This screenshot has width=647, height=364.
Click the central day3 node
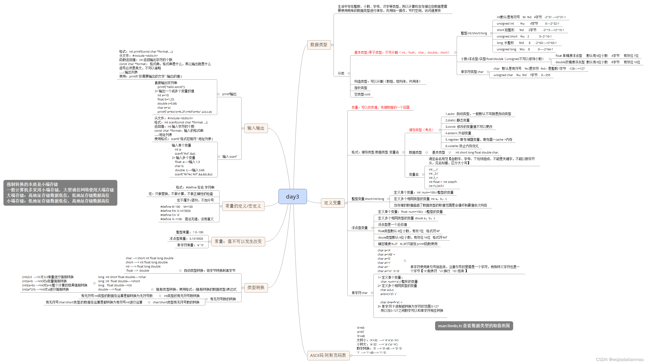(292, 196)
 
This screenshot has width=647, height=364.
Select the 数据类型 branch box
(318, 45)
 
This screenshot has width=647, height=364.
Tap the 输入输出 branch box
(256, 128)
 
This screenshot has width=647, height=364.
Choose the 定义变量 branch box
(332, 203)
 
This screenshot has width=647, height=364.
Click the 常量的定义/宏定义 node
(243, 206)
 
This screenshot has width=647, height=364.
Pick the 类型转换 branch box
(256, 287)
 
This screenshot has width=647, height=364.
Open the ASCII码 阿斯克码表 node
(328, 355)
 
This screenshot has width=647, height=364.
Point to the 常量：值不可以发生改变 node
(238, 241)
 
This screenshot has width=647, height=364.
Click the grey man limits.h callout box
(474, 326)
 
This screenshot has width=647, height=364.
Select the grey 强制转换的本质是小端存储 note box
(60, 193)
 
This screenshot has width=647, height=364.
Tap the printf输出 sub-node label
(229, 94)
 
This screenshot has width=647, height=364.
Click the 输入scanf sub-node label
(229, 157)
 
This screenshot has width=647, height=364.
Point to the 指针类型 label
(361, 88)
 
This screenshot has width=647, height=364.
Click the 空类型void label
(362, 94)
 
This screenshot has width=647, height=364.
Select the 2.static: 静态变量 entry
(457, 120)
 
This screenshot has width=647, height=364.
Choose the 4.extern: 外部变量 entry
(458, 133)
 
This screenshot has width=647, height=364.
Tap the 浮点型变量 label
(359, 228)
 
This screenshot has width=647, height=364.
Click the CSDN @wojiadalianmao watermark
(619, 359)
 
